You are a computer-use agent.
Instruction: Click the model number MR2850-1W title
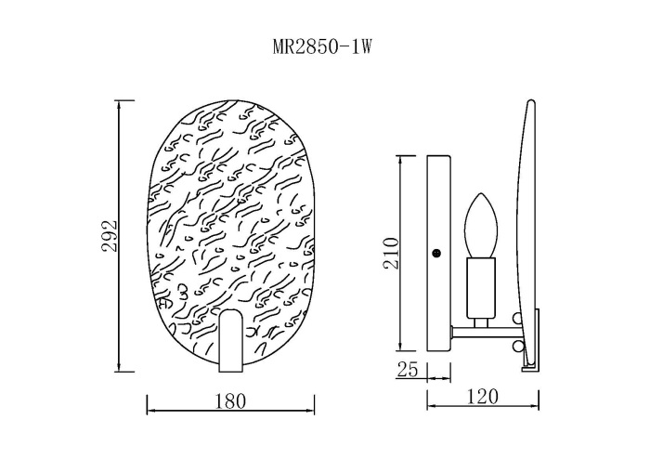pos(322,47)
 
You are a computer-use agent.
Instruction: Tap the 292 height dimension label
pos(110,236)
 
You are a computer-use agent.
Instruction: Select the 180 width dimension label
pos(230,401)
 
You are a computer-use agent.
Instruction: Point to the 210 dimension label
pos(391,253)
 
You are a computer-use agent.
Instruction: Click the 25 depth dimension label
pos(408,369)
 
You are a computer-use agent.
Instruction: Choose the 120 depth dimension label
pos(483,397)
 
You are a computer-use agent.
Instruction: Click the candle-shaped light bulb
pos(480,225)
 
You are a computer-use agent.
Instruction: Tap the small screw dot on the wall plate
pos(436,253)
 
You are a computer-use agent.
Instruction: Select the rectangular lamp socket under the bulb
pos(481,288)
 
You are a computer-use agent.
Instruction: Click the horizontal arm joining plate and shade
pos(487,332)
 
